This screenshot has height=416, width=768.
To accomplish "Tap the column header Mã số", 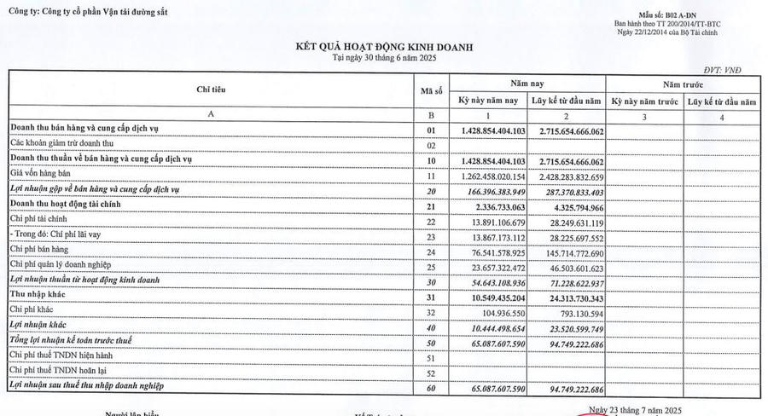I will click(431, 90).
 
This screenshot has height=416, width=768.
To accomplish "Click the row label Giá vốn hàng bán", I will click(42, 176).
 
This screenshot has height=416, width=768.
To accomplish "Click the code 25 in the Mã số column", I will click(431, 268).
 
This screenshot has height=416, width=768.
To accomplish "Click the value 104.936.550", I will click(500, 313).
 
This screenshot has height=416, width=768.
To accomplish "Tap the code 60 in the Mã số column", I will click(431, 388).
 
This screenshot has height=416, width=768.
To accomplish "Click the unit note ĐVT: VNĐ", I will click(735, 67).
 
